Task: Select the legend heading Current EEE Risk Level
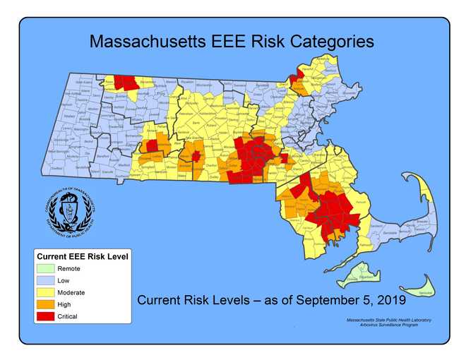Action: coord(82,256)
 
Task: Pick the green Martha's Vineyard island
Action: coord(360,275)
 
